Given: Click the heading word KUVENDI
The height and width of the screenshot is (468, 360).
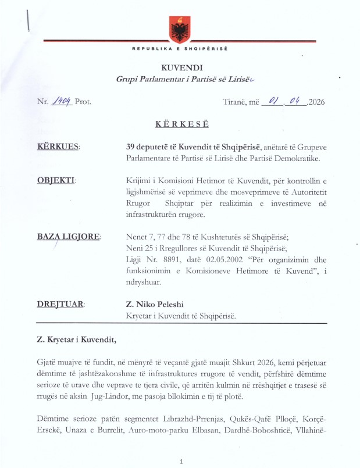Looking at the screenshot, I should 180,69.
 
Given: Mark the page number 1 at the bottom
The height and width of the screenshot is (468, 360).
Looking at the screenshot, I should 182,461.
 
